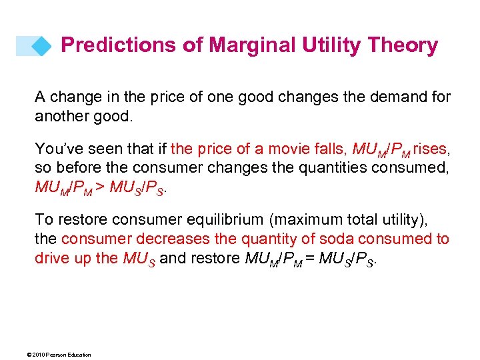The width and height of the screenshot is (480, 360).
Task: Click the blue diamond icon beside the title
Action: point(41,46)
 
